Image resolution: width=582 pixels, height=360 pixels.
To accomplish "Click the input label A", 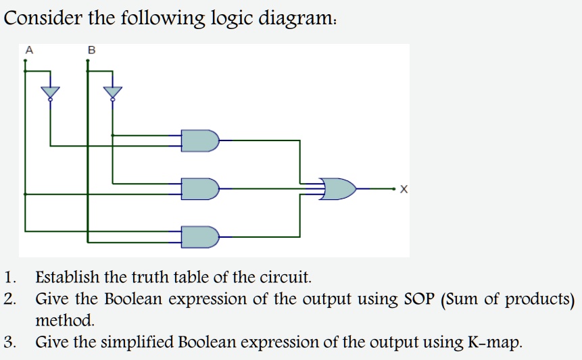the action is [x=29, y=50].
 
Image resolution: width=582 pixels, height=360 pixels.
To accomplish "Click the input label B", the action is [x=92, y=50].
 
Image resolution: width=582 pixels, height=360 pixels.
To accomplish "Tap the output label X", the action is [x=404, y=189].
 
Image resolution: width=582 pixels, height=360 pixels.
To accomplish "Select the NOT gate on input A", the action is [x=51, y=93].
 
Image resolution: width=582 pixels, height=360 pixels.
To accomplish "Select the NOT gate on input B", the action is [x=113, y=93].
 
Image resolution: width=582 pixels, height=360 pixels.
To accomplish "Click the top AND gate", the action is [x=200, y=140].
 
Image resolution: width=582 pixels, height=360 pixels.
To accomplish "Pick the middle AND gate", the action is [x=200, y=188].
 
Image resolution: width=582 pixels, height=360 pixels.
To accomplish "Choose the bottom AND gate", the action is [x=200, y=237].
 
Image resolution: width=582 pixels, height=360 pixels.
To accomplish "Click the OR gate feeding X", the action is [x=338, y=188].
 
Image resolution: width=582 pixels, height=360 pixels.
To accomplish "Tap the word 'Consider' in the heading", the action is [x=43, y=18].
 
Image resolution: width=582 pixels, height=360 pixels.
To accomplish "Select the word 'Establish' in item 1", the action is [x=67, y=277].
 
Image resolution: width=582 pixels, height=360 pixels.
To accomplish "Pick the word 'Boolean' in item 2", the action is [x=133, y=299].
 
